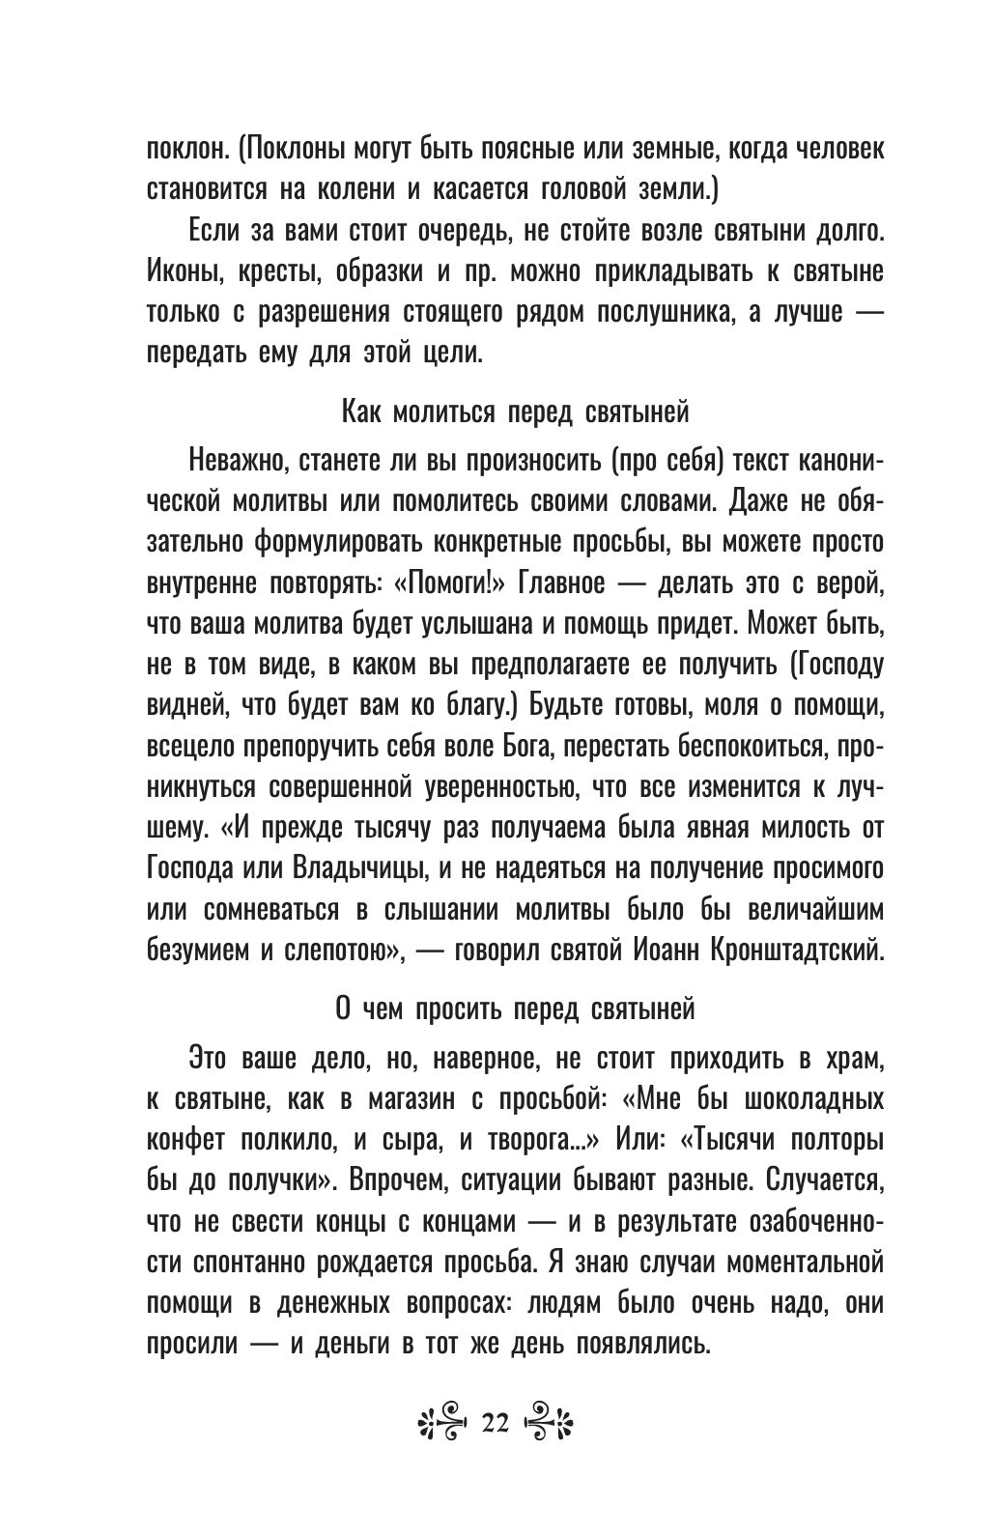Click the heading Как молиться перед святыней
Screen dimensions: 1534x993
pos(516,413)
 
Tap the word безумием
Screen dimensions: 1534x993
pos(194,952)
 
